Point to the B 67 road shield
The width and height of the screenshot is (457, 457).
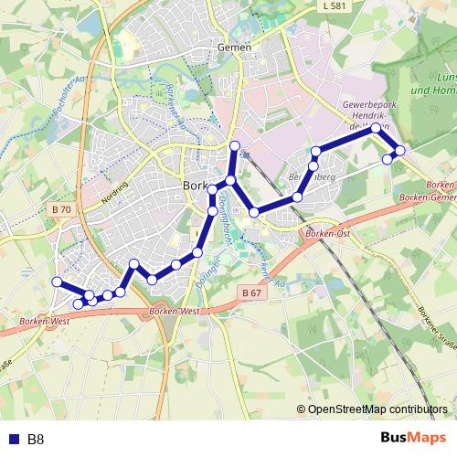point(253,292)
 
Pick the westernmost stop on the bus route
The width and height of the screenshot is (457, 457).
point(57,282)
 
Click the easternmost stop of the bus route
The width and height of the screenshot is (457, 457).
point(399,150)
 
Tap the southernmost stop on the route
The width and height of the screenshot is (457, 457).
point(78,303)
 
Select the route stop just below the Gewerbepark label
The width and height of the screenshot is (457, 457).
point(376,129)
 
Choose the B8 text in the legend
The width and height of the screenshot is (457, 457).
point(36,440)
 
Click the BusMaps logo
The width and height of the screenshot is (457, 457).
point(413,438)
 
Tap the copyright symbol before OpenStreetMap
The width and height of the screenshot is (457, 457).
point(302,410)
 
